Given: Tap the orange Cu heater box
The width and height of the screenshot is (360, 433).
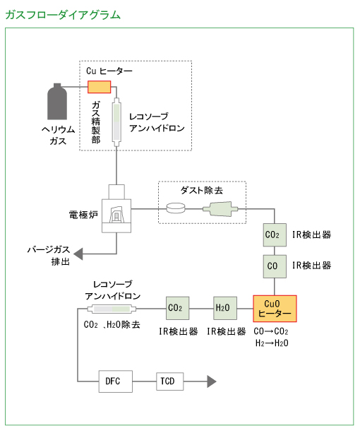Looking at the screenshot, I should coord(99,86).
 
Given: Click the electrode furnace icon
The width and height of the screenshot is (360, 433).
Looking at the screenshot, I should coord(117,210).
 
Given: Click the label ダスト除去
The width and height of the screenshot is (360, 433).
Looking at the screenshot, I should coord(201,190).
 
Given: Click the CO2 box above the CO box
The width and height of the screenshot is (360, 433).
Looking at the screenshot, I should coord(272,235).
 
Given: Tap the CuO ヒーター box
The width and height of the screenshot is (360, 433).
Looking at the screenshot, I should coord(275,308).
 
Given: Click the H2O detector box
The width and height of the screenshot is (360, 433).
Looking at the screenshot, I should coord(222,308).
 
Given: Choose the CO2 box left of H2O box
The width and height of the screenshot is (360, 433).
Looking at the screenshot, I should coord(175,308).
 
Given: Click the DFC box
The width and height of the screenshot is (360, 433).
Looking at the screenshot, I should coord(113,381).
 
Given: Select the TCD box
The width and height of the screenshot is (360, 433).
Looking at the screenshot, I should coord(167,381).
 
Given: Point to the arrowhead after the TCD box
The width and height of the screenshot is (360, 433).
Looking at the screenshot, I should coord(211,381).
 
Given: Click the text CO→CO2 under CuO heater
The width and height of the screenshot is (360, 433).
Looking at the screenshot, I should coord(271,331).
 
